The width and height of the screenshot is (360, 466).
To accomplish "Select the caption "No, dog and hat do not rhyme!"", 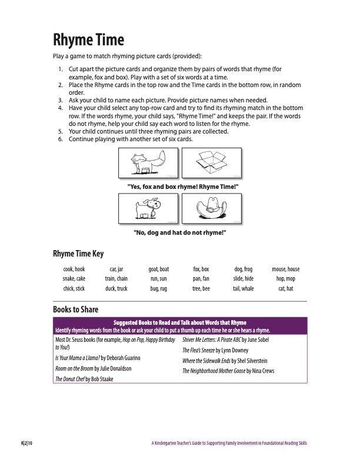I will click(x=180, y=233).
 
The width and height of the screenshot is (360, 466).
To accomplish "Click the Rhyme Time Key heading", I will click(x=78, y=254).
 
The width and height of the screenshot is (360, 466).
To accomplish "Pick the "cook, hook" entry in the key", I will click(x=74, y=269).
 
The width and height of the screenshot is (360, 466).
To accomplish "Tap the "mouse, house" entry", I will click(x=285, y=269).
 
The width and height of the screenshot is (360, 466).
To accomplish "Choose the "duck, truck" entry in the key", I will click(x=116, y=289).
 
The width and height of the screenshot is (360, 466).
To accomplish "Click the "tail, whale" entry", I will click(x=243, y=289).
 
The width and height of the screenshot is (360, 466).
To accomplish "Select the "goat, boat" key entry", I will click(x=159, y=269).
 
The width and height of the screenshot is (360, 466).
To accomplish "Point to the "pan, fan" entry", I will click(x=201, y=279).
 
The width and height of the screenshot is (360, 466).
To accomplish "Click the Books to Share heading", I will click(x=76, y=309).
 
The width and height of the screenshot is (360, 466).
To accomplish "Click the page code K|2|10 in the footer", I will click(x=27, y=442).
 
